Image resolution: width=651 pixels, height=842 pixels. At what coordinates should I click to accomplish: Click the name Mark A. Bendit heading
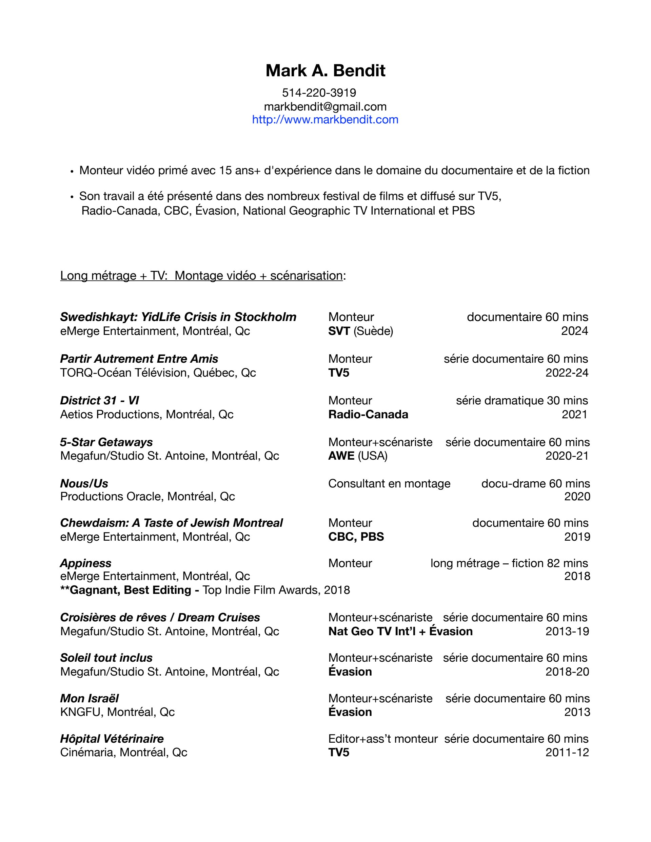point(325,71)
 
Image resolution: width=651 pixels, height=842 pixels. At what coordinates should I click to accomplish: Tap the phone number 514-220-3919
point(319,93)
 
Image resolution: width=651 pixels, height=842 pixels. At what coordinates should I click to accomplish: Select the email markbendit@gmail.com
point(325,106)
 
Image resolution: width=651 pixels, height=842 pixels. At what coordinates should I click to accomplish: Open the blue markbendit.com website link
point(325,120)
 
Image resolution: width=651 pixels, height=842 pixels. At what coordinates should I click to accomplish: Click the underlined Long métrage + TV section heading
point(201,275)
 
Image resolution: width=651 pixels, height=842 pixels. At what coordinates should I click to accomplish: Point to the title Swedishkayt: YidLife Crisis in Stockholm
point(178,317)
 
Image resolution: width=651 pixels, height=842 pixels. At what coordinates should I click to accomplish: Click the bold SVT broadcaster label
point(339,331)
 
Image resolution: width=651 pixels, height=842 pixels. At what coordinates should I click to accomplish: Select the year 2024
point(574,331)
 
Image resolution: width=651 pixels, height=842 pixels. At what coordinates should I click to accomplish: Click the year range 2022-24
point(567,373)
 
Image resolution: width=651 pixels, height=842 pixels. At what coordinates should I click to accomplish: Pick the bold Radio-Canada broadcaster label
point(368,414)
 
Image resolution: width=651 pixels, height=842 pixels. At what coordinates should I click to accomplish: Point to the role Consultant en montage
point(389,483)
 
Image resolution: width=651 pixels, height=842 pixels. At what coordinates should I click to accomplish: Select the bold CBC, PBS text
point(356,537)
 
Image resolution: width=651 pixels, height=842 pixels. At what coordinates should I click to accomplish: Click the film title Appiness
point(86,563)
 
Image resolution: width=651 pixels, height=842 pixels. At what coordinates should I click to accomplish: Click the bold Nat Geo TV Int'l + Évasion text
point(400,631)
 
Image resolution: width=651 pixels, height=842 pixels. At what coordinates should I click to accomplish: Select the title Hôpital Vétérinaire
point(112,739)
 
